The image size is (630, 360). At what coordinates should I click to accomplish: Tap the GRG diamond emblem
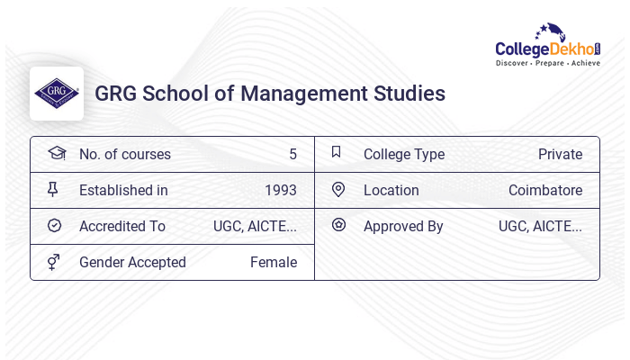point(56,94)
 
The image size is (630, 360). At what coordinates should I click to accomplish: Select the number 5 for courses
point(292,154)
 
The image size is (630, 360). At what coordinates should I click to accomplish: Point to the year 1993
point(280,190)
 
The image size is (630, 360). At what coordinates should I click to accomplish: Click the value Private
point(560,154)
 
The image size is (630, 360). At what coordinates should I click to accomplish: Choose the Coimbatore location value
point(544,190)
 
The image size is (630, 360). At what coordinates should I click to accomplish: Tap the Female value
point(274,262)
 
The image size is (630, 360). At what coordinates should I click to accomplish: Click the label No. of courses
point(124,154)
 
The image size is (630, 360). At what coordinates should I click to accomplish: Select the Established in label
point(123,190)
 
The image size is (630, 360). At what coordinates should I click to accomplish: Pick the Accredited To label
point(122,226)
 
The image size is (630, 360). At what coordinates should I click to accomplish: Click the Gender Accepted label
point(132,262)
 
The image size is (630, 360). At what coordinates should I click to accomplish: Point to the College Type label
point(404,154)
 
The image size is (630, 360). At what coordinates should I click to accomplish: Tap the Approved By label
point(403,226)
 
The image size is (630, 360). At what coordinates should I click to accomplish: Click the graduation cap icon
point(56,153)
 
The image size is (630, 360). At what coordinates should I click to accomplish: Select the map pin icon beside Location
point(338,189)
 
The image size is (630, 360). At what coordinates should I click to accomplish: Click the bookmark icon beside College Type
point(337,152)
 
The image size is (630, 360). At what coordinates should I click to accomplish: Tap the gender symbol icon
point(54,261)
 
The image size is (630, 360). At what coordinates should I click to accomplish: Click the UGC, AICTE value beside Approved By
point(540,226)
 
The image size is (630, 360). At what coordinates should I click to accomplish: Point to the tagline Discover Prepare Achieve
point(547,63)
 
